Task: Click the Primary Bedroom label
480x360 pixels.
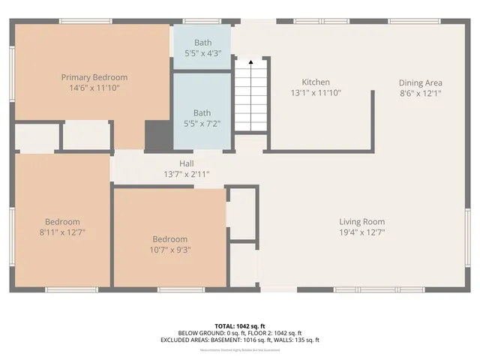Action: click(94, 77)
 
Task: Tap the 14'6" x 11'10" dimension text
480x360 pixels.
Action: click(94, 88)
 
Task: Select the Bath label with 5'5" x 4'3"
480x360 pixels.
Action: click(202, 43)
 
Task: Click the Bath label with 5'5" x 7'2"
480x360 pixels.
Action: click(202, 113)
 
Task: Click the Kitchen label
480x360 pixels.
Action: click(316, 82)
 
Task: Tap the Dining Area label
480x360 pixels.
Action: click(420, 82)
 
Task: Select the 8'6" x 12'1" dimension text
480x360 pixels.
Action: click(420, 93)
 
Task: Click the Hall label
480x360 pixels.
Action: click(187, 163)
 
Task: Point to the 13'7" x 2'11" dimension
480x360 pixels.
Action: click(187, 174)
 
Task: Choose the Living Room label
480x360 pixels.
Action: click(361, 221)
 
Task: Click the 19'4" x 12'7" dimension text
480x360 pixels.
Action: click(361, 232)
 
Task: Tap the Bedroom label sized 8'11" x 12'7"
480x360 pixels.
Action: click(62, 222)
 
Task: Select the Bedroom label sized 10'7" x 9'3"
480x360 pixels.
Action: click(169, 240)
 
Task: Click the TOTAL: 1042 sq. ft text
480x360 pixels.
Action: click(239, 325)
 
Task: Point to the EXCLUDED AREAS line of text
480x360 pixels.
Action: click(239, 340)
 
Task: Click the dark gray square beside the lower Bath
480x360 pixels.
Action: click(158, 135)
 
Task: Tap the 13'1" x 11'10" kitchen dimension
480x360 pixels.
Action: click(316, 93)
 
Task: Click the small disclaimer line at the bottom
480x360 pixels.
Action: click(239, 349)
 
